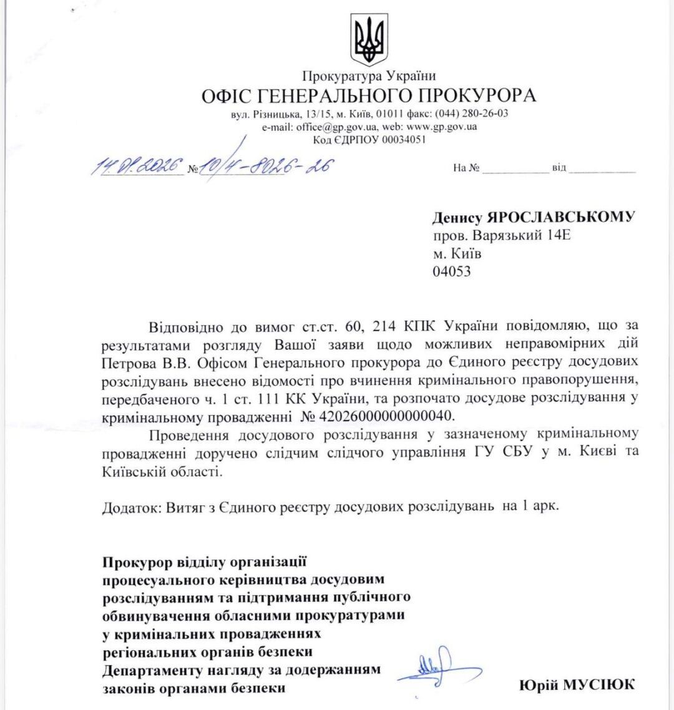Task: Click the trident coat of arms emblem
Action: (x=369, y=39)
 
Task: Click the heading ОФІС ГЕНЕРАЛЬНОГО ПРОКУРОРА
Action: (x=368, y=96)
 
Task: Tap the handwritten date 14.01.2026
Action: (x=138, y=166)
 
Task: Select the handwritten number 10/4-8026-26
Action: (x=266, y=166)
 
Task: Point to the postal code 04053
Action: (x=452, y=271)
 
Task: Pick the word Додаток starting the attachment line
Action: (x=130, y=507)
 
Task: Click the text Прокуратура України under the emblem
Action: (x=369, y=76)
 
